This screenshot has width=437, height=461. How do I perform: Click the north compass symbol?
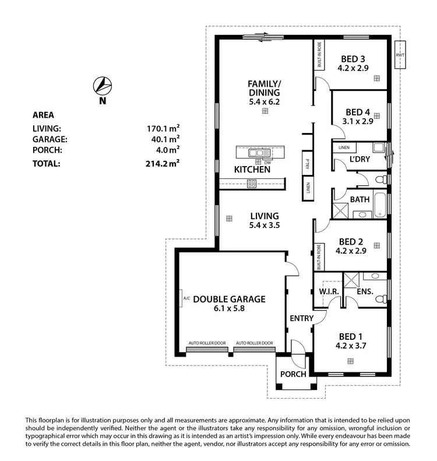102,86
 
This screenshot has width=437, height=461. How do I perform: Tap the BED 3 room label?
353,59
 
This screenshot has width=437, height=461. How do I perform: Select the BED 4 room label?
357,112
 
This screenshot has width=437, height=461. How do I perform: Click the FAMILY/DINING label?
264,88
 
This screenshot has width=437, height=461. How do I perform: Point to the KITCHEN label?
252,170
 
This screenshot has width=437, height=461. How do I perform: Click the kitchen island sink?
257,153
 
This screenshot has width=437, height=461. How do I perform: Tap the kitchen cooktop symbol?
252,184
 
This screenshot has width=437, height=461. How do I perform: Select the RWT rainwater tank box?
400,55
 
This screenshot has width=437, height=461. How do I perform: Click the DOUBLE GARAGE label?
229,299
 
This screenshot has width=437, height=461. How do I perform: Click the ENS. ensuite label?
365,291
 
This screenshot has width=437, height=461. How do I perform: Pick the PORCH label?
293,374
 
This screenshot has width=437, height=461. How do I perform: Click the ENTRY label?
302,318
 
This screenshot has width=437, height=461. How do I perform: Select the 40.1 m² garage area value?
164,139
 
